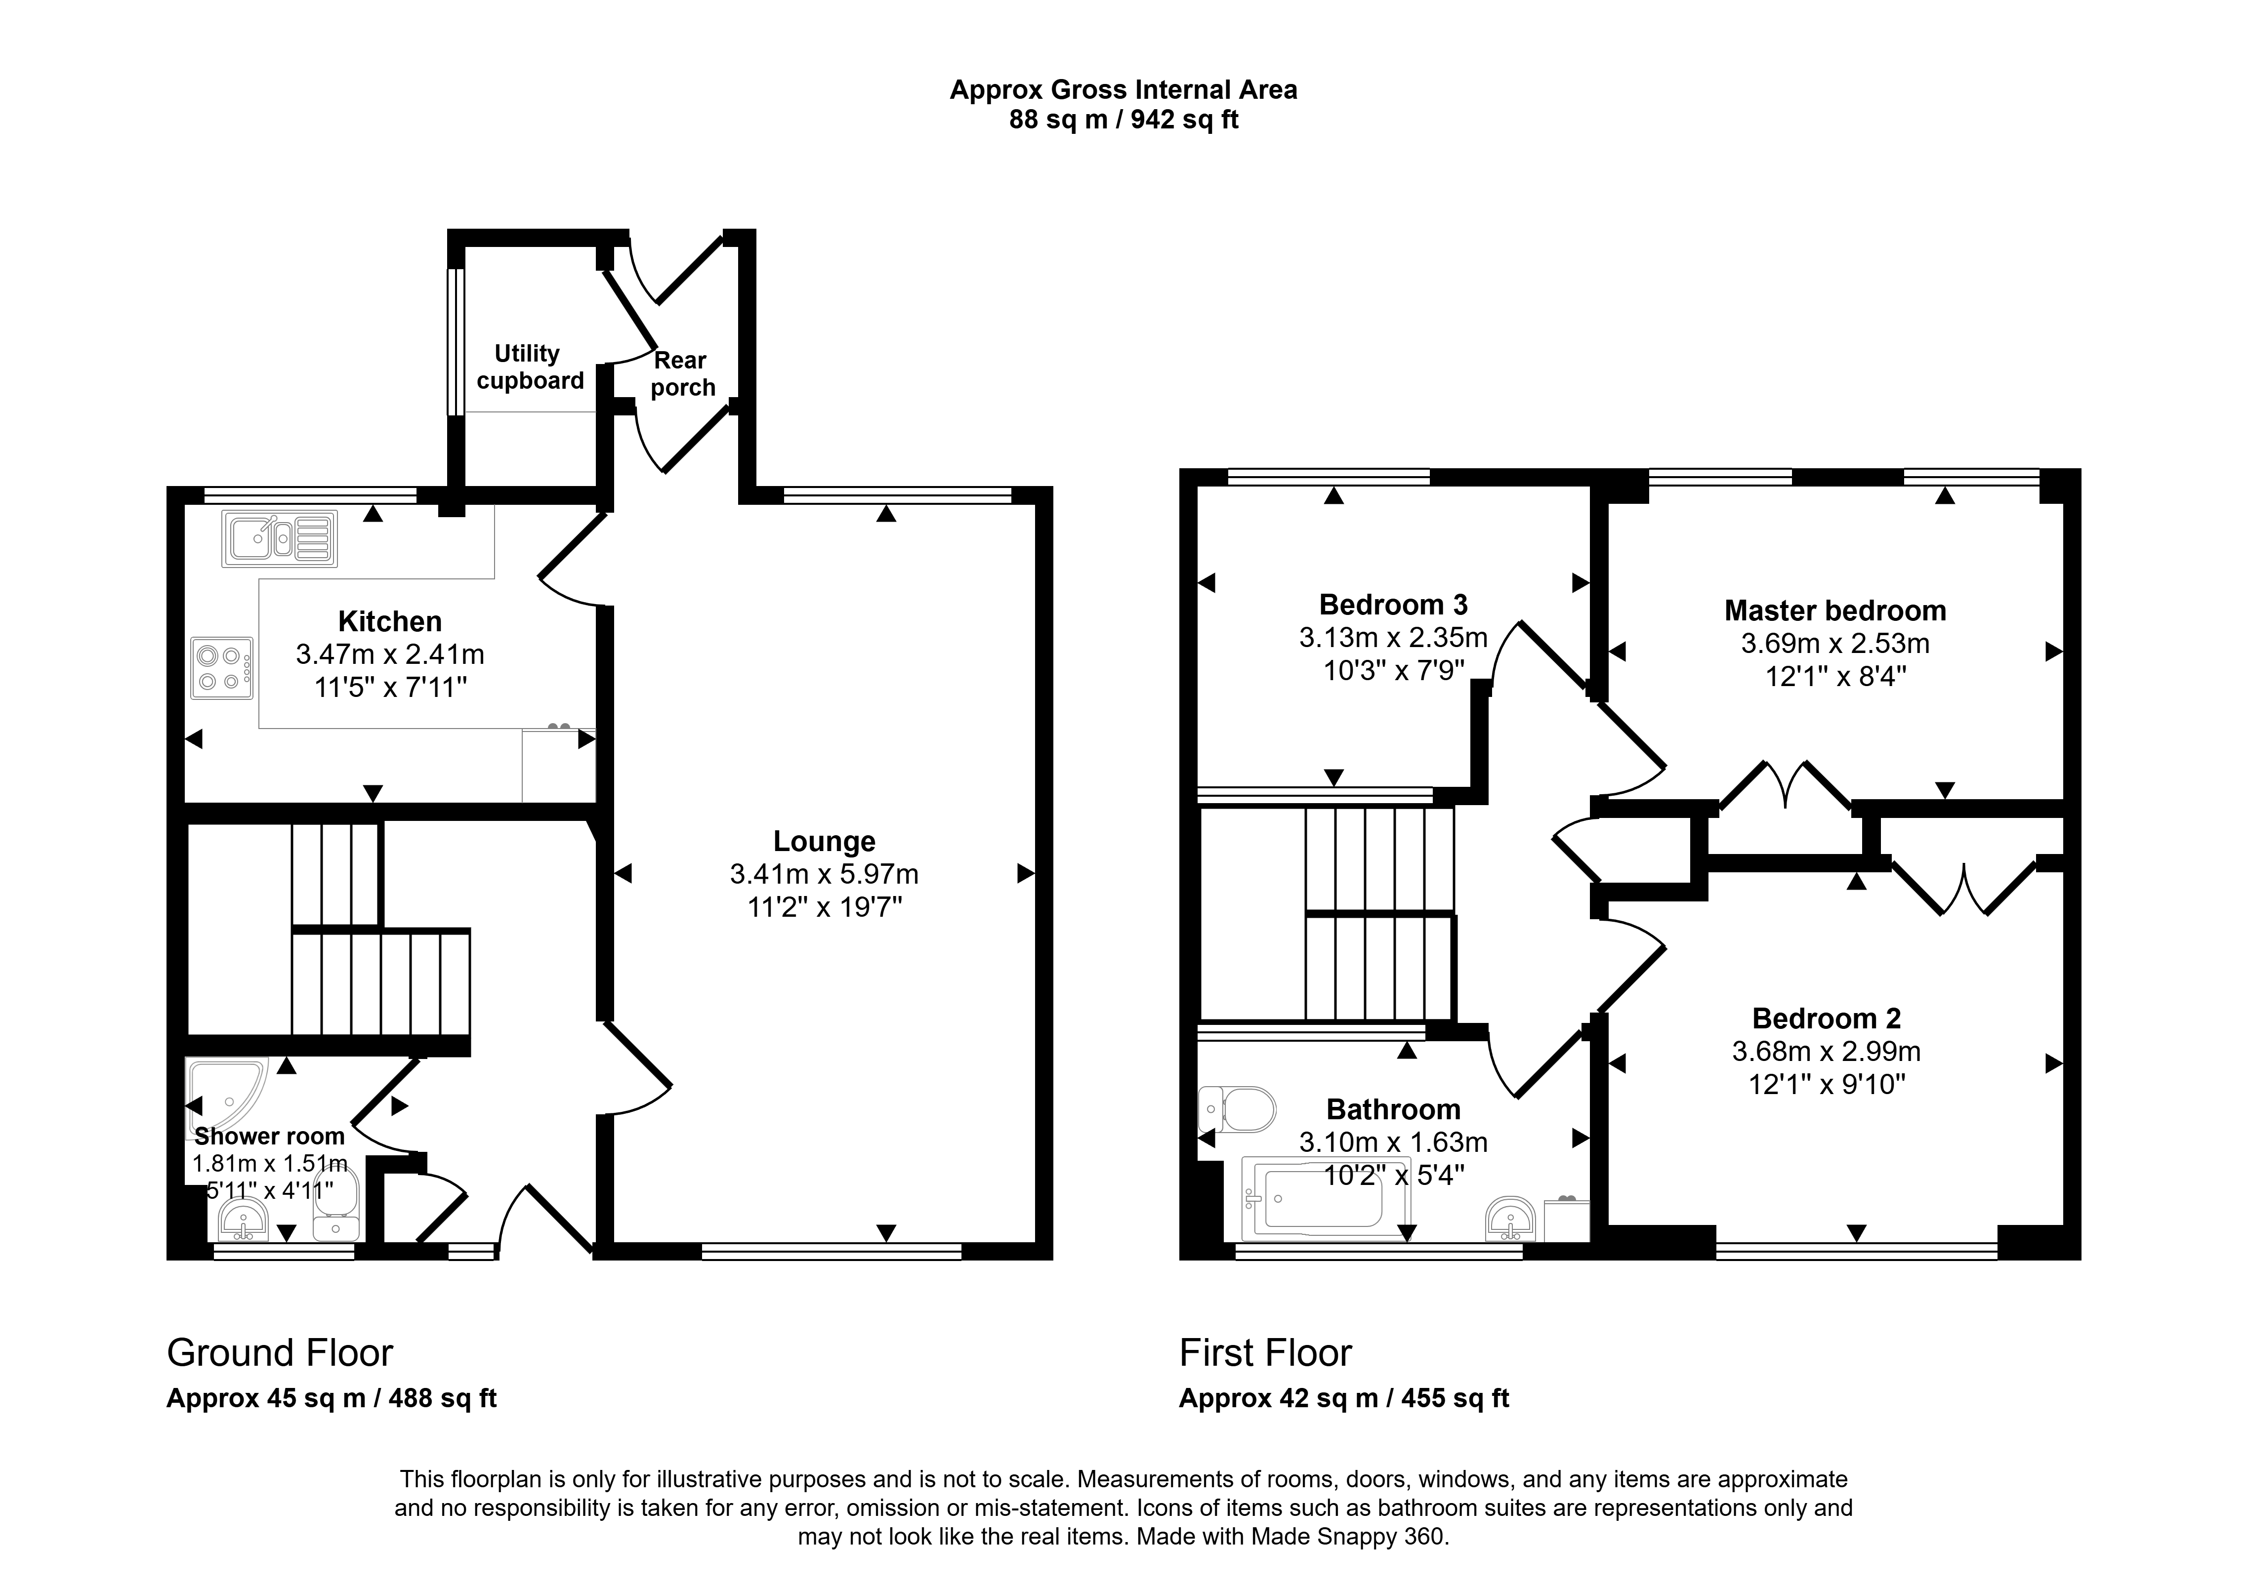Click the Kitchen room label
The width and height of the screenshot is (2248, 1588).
390,622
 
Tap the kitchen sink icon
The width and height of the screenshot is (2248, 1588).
280,538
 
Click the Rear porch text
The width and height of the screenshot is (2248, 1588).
682,374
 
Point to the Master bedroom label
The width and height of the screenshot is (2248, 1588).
1835,611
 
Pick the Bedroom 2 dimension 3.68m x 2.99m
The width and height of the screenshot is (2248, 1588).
1826,1052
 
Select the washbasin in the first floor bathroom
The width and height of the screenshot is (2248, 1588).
1510,1218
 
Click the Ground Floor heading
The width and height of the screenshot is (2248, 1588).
280,1353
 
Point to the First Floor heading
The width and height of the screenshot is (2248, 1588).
1265,1353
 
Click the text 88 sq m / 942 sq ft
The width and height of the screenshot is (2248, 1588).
1123,120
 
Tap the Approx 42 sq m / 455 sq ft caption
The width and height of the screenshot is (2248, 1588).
1343,1398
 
